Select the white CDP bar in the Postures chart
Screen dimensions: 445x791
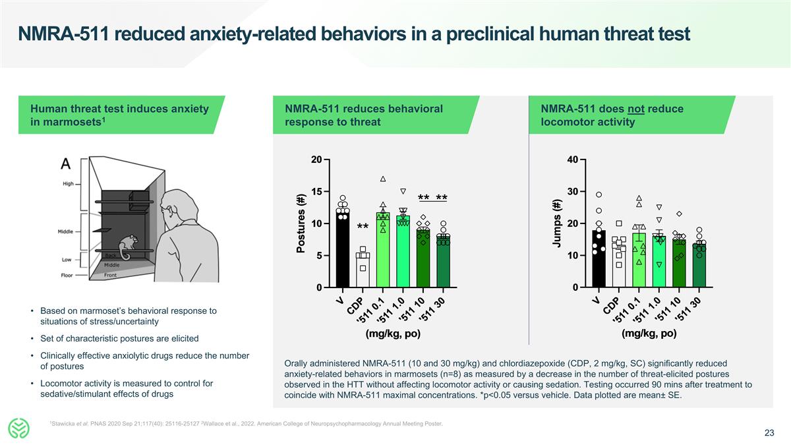tap(363, 270)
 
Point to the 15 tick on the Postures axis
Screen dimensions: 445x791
tap(316, 192)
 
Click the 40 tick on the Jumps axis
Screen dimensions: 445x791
tap(572, 160)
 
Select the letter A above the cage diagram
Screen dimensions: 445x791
tap(67, 163)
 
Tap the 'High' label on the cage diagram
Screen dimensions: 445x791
tap(68, 184)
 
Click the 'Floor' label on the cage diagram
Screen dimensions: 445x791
tap(67, 275)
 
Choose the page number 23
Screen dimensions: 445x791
tap(769, 433)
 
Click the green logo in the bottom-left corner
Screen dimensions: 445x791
tap(20, 429)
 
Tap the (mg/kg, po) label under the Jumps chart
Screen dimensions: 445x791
tap(649, 334)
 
